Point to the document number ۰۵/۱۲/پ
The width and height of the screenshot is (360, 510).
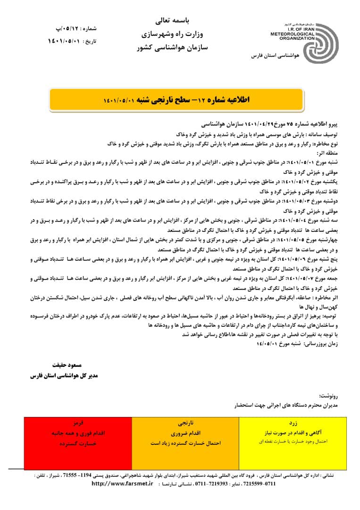62,29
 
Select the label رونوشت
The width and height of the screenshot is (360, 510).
329,396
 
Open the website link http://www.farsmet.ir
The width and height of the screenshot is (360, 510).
122,484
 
